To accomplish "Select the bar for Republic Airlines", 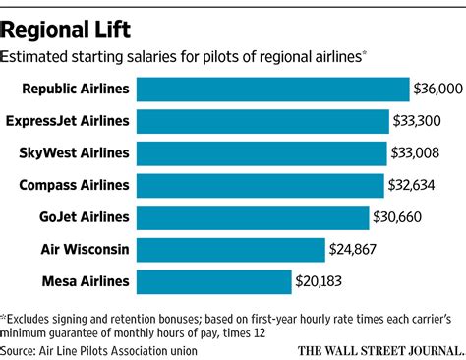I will point(272,90).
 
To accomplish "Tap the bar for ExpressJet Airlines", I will point(262,122).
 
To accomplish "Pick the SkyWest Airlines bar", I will point(261,153).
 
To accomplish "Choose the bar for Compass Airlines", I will point(260,186).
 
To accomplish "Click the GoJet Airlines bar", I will point(253,217).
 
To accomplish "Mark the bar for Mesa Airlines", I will point(214,282).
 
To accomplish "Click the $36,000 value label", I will point(437,90).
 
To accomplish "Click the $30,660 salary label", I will point(399,217).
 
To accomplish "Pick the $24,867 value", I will point(361,250).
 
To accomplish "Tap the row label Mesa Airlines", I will point(85,282).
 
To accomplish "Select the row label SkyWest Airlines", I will point(77,153).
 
